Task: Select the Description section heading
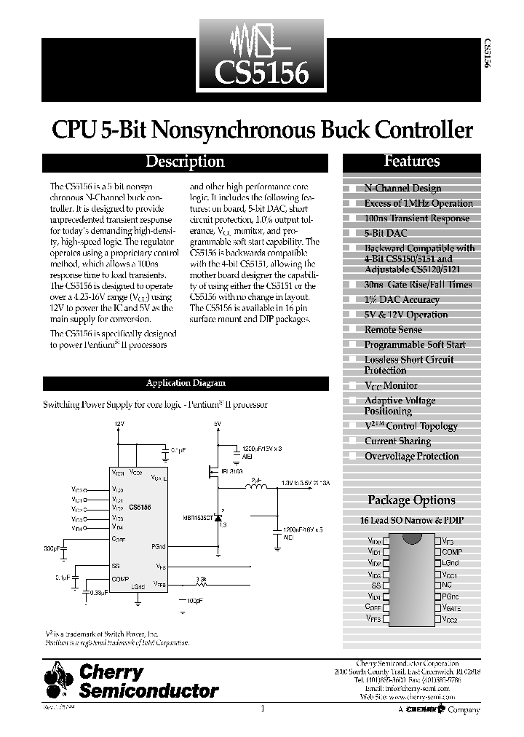click(x=185, y=162)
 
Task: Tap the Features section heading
click(x=412, y=162)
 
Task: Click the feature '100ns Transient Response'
click(x=416, y=218)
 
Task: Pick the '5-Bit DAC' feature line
click(x=386, y=233)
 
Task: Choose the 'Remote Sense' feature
click(x=393, y=330)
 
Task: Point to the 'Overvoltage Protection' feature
click(x=411, y=457)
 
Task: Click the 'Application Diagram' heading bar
click(x=186, y=383)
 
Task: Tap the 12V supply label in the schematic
click(x=120, y=423)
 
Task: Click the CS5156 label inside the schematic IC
click(x=140, y=506)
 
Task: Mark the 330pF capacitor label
click(x=54, y=547)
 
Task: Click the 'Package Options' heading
click(x=411, y=500)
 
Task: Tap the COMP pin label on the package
click(x=452, y=552)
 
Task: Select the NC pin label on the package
click(x=447, y=585)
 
